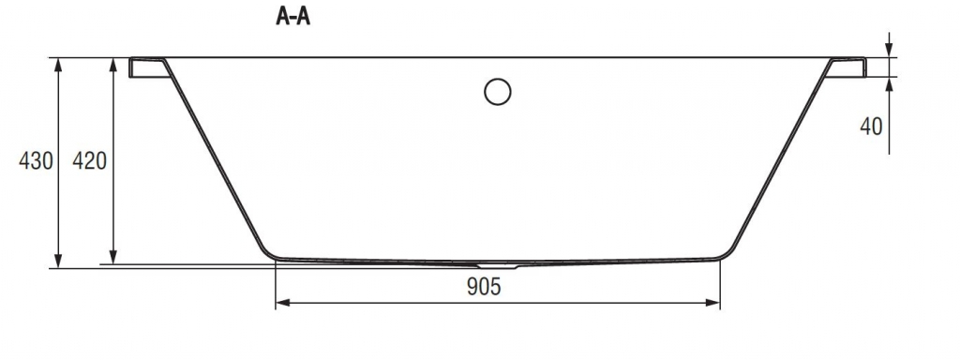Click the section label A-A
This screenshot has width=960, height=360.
(x=292, y=17)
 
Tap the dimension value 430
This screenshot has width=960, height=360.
(x=37, y=161)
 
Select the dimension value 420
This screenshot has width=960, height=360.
(x=89, y=161)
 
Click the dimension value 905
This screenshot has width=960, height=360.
(x=484, y=286)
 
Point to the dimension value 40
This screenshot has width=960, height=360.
(x=871, y=127)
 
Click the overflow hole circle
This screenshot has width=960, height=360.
(x=497, y=92)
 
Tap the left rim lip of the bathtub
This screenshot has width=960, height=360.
(x=147, y=67)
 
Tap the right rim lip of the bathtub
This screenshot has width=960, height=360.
(x=847, y=67)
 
